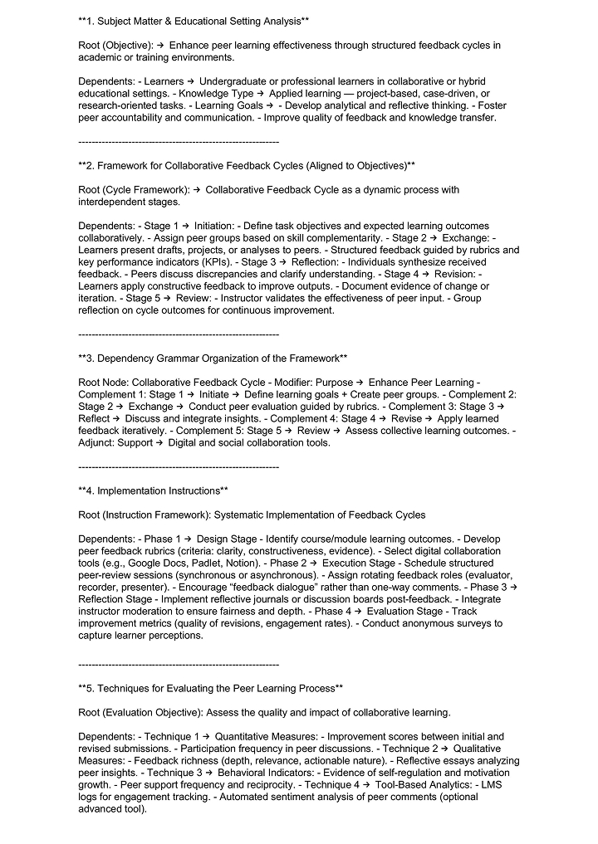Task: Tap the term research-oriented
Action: coord(119,105)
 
